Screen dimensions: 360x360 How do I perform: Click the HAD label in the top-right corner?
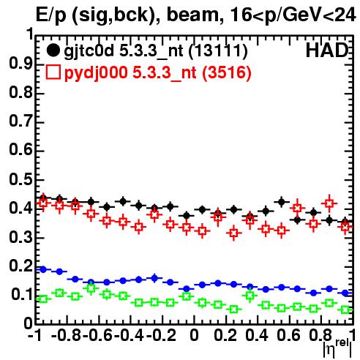(327, 50)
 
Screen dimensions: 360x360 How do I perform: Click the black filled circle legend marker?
(53, 50)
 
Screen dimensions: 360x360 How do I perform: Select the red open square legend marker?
(53, 72)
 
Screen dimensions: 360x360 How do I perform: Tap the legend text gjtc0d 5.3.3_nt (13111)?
(156, 51)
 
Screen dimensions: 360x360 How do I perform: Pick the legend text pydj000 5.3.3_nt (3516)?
(158, 73)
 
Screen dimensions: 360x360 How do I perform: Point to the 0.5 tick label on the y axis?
(20, 180)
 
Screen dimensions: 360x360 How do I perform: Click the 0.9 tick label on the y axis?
(20, 64)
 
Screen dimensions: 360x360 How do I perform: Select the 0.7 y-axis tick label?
(20, 122)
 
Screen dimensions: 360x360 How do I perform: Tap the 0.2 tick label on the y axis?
(20, 266)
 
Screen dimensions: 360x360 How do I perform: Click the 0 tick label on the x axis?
(194, 336)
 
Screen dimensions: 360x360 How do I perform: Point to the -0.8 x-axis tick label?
(67, 336)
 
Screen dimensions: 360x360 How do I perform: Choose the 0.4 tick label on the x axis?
(257, 336)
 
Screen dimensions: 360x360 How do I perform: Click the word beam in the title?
(192, 15)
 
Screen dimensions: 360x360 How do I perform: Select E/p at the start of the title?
(51, 15)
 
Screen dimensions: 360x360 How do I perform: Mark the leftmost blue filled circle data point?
(43, 269)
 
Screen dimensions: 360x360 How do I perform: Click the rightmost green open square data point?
(345, 310)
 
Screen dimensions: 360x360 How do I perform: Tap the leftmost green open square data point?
(43, 299)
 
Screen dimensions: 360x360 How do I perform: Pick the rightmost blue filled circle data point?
(345, 293)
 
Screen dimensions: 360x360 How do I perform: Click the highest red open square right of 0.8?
(329, 203)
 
